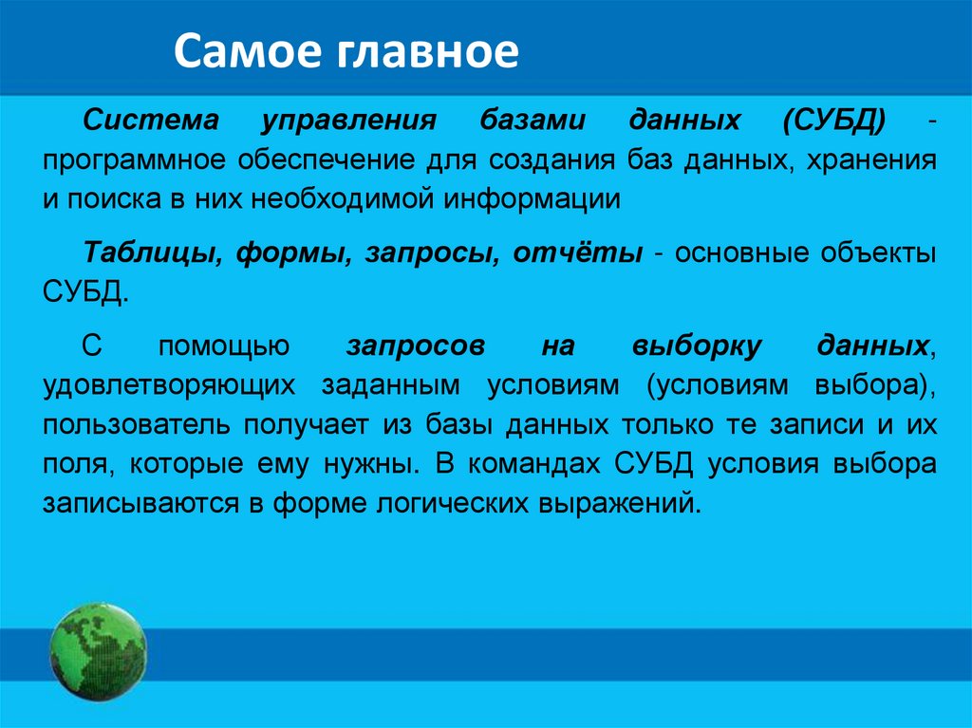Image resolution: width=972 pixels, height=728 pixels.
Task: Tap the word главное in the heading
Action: tap(429, 51)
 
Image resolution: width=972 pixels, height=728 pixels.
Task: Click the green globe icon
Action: tap(98, 652)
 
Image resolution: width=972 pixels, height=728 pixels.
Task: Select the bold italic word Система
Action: tap(151, 119)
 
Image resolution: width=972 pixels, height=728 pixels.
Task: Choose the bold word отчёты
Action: tap(578, 252)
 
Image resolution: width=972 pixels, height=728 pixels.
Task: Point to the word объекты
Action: tap(878, 252)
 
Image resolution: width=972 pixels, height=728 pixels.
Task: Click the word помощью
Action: tap(224, 346)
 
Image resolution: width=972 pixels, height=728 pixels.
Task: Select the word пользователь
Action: tap(137, 425)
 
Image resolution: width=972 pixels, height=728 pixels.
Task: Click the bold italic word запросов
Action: tap(416, 346)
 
